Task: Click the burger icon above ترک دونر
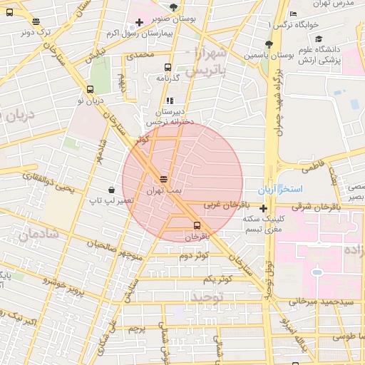click(x=36, y=21)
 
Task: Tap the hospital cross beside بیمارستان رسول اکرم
click(x=140, y=23)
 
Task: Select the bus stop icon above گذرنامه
click(x=168, y=68)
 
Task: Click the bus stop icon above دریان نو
click(x=90, y=90)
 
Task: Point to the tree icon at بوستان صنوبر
click(x=173, y=7)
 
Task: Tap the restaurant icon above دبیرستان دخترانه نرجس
click(x=170, y=101)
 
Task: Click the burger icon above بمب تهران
click(x=164, y=179)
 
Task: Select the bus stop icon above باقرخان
click(x=197, y=225)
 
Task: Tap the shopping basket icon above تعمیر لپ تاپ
click(x=112, y=190)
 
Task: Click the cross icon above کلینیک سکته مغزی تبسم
click(x=264, y=209)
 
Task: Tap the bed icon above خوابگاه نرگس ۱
click(x=294, y=14)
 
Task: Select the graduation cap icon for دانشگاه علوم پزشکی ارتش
click(x=319, y=38)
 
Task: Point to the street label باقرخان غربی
click(x=222, y=205)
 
